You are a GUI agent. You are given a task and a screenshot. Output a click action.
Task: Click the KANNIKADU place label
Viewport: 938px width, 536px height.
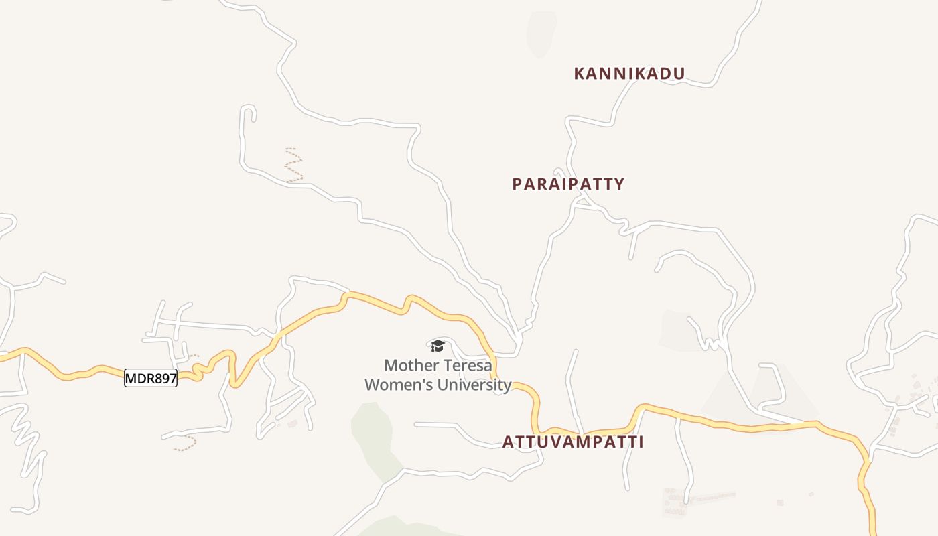click(x=629, y=74)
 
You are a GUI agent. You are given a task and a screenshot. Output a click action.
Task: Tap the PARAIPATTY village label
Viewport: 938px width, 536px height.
click(x=568, y=184)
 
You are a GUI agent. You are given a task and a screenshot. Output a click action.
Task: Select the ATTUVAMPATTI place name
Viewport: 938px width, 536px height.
click(x=573, y=442)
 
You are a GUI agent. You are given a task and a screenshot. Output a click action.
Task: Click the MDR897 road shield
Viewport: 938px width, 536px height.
click(x=151, y=379)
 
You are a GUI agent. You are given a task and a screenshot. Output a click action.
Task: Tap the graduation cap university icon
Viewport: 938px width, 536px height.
click(x=438, y=346)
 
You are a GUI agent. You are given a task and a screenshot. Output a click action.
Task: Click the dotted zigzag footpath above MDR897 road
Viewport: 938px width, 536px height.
click(x=293, y=165)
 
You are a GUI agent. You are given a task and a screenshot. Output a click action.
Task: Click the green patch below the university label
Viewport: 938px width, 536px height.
click(x=373, y=429)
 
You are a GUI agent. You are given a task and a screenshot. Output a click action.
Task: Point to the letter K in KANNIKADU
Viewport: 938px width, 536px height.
click(x=579, y=74)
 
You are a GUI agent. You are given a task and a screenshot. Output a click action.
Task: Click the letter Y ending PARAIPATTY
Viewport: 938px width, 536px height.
click(x=620, y=184)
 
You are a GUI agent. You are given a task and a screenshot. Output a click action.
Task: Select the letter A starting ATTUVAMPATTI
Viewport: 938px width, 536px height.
click(x=508, y=442)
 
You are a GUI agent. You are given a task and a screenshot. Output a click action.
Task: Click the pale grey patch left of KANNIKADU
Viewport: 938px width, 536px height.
click(x=541, y=33)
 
